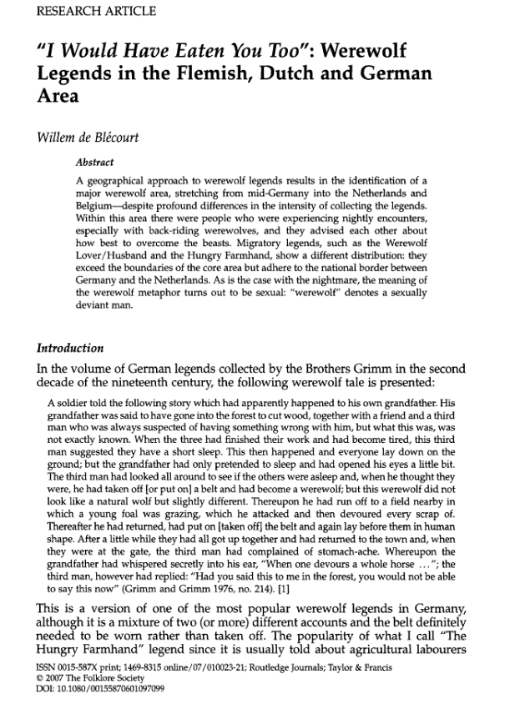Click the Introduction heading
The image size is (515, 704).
[69, 348]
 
